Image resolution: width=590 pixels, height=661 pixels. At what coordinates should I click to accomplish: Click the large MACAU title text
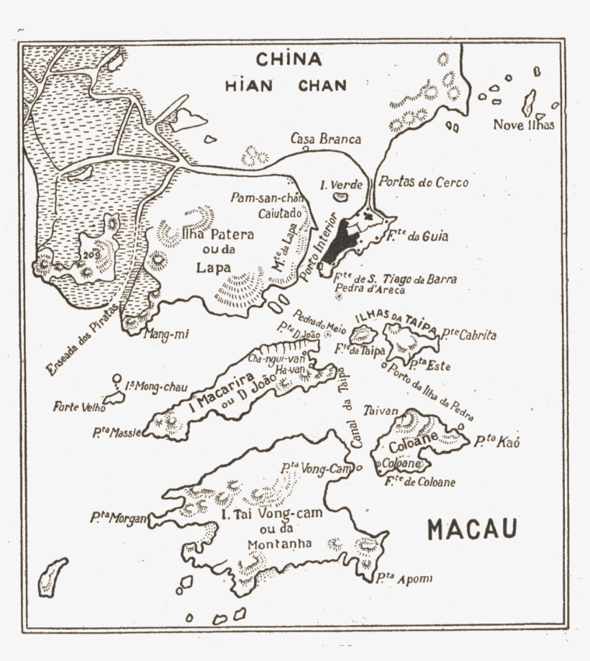[472, 529]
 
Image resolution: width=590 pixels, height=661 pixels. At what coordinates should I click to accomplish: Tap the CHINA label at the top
[289, 59]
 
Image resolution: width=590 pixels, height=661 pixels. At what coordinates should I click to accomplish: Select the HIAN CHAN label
[285, 86]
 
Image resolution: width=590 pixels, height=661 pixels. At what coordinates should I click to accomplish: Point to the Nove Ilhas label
[524, 125]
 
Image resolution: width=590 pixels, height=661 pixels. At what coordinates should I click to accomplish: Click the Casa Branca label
[326, 139]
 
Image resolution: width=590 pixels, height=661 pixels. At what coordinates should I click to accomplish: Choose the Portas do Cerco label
[423, 183]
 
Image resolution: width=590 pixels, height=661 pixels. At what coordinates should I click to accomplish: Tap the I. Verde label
[342, 185]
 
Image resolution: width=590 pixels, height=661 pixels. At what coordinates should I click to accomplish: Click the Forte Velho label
[79, 407]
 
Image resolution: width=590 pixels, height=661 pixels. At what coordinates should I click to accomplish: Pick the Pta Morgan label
[119, 517]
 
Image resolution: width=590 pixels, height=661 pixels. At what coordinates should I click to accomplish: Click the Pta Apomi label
[403, 578]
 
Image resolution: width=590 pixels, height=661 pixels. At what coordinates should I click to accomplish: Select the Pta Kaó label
[496, 442]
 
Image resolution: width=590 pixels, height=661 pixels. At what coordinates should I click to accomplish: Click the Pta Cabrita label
[468, 335]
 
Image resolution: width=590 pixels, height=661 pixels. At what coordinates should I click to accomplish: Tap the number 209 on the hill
[90, 253]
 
